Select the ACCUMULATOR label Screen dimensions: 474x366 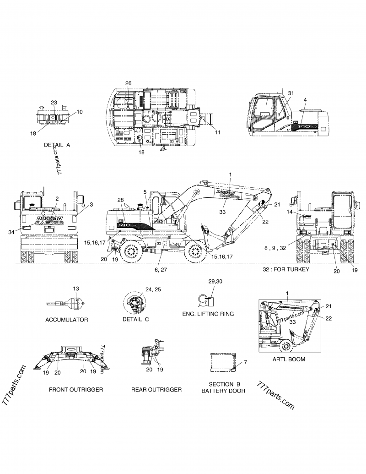[66, 320]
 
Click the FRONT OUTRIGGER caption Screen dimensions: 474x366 [75, 389]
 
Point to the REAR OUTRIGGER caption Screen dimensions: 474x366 [156, 389]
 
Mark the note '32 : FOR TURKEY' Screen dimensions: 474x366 [286, 269]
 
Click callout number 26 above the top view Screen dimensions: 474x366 [128, 83]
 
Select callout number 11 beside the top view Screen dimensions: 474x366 [217, 132]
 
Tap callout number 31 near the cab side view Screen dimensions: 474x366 [290, 93]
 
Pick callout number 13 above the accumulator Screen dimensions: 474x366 [76, 289]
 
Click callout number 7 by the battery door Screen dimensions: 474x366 [245, 362]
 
